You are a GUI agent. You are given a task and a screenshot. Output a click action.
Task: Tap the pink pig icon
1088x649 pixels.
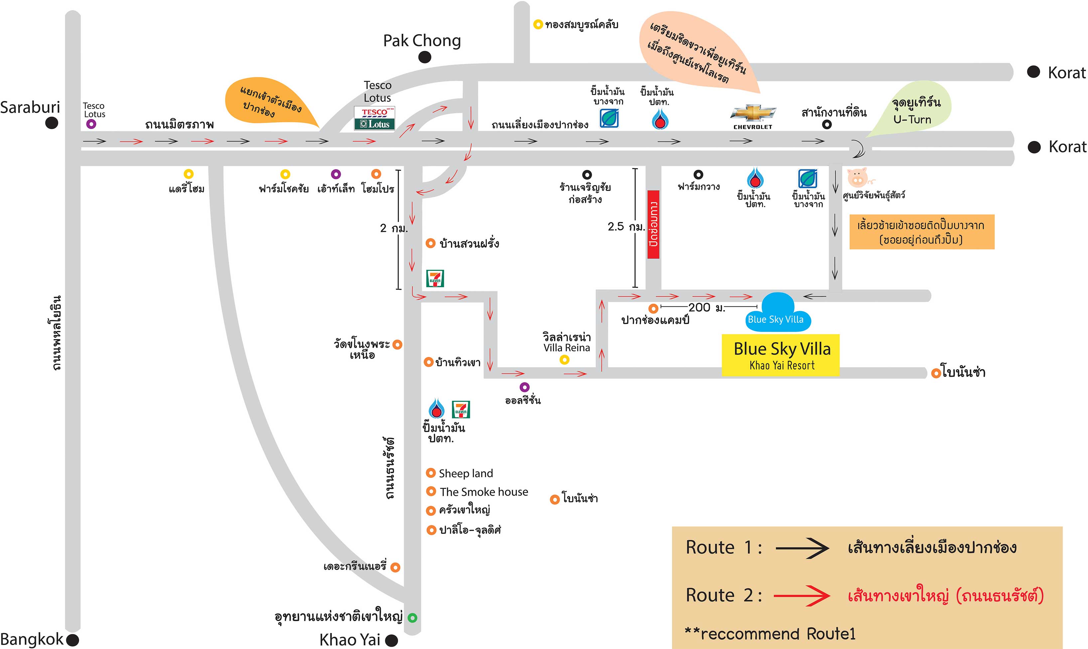click(x=858, y=177)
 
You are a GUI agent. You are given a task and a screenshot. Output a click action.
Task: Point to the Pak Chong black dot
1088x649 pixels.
click(x=424, y=57)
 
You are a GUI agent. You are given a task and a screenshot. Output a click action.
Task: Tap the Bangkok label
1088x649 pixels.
click(x=32, y=639)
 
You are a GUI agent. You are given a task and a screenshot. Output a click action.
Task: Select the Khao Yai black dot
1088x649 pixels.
click(x=391, y=640)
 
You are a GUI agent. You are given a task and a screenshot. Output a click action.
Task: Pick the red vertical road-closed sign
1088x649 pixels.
click(x=653, y=224)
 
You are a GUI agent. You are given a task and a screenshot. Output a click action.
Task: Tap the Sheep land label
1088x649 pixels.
click(x=466, y=473)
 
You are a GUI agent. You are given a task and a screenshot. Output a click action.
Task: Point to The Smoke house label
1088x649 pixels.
click(x=484, y=492)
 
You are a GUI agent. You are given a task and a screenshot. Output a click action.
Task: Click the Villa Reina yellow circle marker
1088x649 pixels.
click(x=564, y=360)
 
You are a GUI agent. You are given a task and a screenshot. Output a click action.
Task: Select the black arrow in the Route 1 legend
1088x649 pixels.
click(x=802, y=548)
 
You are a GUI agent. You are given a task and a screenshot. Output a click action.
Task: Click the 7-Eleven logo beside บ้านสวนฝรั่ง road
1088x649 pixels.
click(x=435, y=278)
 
